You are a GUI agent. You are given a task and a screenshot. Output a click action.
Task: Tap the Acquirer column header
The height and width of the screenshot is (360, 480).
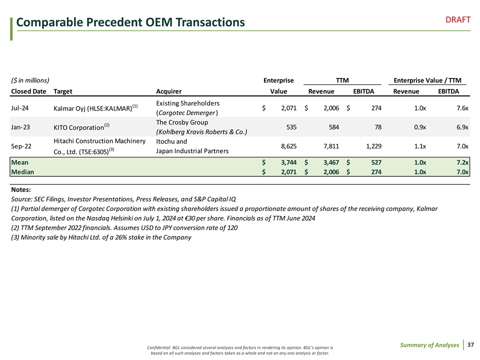coord(168,91)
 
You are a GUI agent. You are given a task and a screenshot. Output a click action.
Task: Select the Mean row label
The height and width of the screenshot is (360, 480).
coord(20,162)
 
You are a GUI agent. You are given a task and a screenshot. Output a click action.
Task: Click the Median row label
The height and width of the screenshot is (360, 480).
coord(22,171)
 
